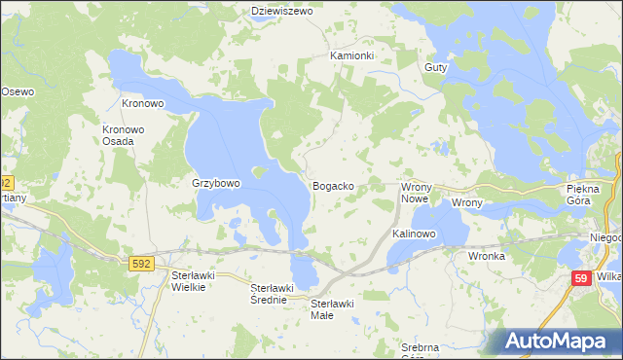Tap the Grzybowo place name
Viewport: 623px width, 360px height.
point(216,183)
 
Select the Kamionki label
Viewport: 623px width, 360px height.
point(351,55)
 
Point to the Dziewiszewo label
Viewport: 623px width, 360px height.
point(280,11)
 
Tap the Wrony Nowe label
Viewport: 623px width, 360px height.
point(416,192)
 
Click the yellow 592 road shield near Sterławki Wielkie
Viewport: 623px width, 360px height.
point(141,262)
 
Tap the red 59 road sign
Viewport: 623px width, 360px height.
point(581,279)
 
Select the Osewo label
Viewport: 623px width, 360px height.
point(18,90)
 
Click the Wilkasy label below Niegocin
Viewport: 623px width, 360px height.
point(610,276)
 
